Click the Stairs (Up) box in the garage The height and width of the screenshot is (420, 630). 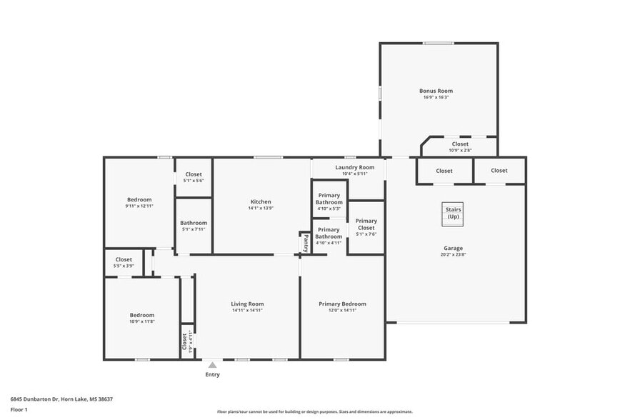(453, 214)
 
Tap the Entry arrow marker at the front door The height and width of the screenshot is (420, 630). (212, 365)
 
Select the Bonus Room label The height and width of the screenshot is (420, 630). (436, 91)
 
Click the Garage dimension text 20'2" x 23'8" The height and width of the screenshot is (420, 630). (453, 255)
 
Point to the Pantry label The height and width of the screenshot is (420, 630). (306, 243)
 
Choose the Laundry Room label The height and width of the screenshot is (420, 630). (354, 167)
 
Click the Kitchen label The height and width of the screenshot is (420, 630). (261, 201)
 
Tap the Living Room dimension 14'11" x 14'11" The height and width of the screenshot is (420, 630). (247, 310)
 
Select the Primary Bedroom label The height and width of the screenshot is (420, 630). (342, 304)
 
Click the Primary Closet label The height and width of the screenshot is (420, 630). (366, 224)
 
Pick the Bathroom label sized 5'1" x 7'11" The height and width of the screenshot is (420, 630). (194, 223)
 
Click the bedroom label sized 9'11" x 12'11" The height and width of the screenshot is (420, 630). (139, 199)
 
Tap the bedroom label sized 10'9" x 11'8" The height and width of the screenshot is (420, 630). (141, 315)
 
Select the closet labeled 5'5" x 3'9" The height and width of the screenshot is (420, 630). (124, 259)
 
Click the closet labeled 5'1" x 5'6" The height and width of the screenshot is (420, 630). (194, 174)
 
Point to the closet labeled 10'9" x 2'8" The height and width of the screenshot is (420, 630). (460, 144)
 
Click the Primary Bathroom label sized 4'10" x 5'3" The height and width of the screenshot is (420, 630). (329, 199)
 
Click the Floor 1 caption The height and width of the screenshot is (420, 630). (19, 409)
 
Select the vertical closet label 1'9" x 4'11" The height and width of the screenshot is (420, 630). (186, 341)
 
